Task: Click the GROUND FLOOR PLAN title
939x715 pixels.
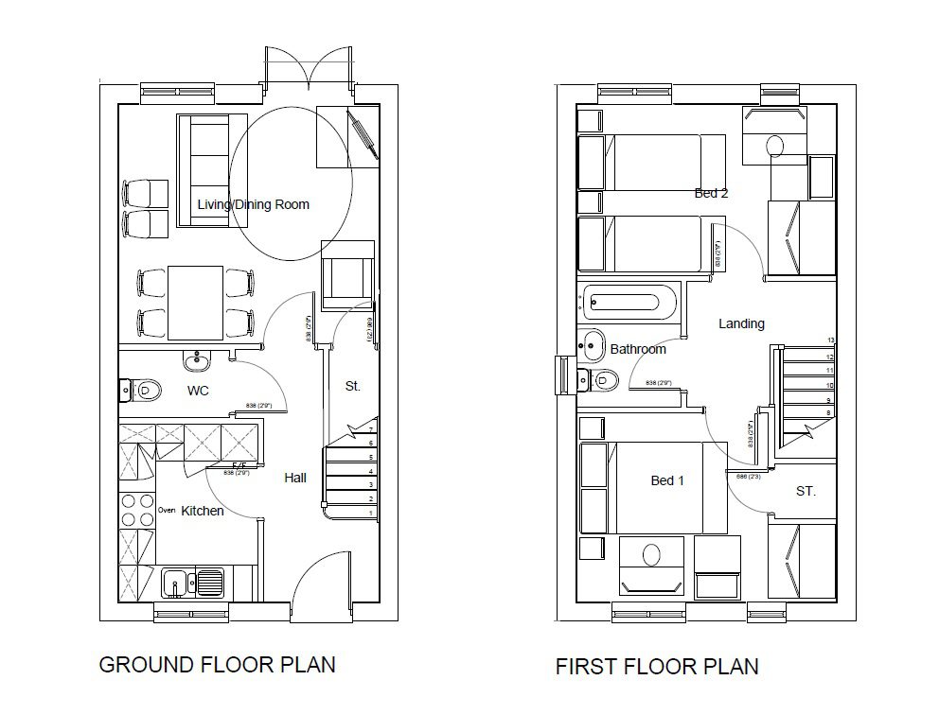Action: [217, 665]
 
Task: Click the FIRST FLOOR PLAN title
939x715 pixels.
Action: [656, 667]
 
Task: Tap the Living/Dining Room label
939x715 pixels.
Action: [253, 204]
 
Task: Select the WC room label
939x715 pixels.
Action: [198, 390]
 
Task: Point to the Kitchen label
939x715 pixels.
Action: [203, 511]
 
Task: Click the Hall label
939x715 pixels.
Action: [295, 478]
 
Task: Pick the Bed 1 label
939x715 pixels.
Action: [667, 480]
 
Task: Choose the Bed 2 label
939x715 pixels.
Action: [711, 193]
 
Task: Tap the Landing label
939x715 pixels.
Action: [741, 323]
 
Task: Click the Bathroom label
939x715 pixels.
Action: [637, 349]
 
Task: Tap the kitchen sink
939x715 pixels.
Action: [192, 582]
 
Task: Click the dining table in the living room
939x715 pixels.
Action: [196, 302]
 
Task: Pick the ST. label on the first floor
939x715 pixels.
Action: [805, 492]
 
